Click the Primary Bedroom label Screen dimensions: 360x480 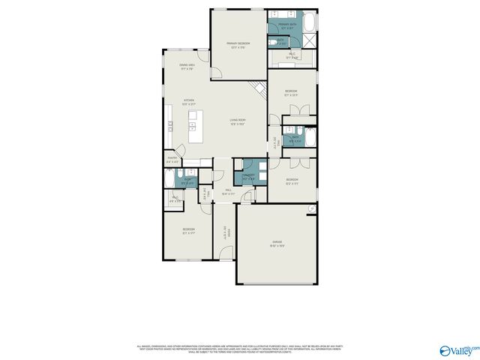(x=238, y=45)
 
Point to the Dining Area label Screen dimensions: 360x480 (x=187, y=66)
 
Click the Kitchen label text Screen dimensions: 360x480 (x=190, y=103)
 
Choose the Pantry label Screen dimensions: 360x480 (x=172, y=159)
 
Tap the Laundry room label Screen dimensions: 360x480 (x=249, y=176)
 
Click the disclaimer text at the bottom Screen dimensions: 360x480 (x=240, y=348)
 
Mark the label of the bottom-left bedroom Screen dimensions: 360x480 (x=188, y=231)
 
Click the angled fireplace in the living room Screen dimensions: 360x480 (x=261, y=91)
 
